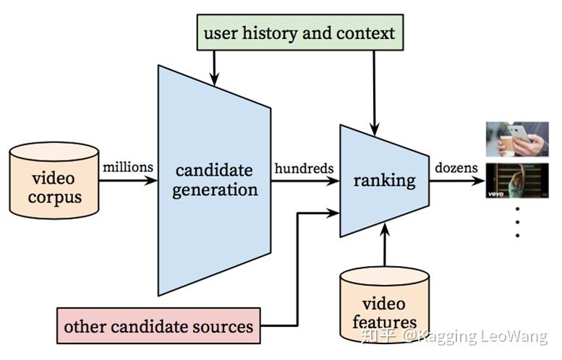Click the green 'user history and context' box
point(300,33)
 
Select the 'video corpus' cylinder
point(54,181)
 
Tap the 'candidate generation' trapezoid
point(214,180)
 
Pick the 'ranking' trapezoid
point(385,181)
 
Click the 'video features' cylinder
point(385,304)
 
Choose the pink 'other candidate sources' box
point(158,326)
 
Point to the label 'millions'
point(128,167)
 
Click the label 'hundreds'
point(304,168)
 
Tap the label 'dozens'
point(456,168)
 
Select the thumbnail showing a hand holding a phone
point(517,139)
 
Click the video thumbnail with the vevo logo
point(517,181)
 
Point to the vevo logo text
point(495,194)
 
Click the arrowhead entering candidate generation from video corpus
point(150,180)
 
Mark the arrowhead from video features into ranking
point(385,230)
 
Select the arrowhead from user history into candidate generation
point(214,79)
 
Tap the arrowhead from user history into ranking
point(375,129)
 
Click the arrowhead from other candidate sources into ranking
point(332,213)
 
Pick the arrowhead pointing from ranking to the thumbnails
point(478,181)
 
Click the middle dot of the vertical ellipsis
point(517,222)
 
